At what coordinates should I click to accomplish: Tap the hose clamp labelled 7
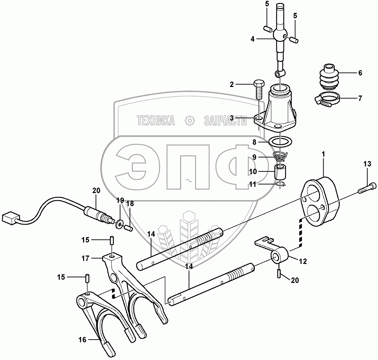[326, 99]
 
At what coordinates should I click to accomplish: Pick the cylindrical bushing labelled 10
[281, 172]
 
